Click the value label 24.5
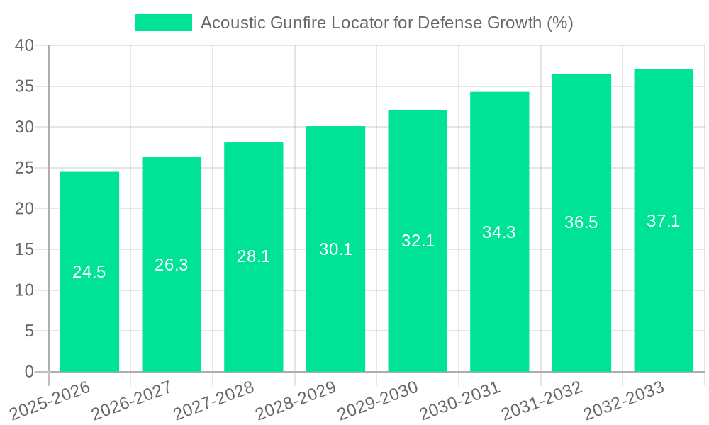89,272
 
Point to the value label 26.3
172,265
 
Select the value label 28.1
253,256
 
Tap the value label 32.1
418,241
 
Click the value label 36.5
581,222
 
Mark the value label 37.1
664,221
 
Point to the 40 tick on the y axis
25,45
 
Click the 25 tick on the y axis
25,168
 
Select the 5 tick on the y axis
29,331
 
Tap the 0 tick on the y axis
29,372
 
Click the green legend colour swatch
164,23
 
